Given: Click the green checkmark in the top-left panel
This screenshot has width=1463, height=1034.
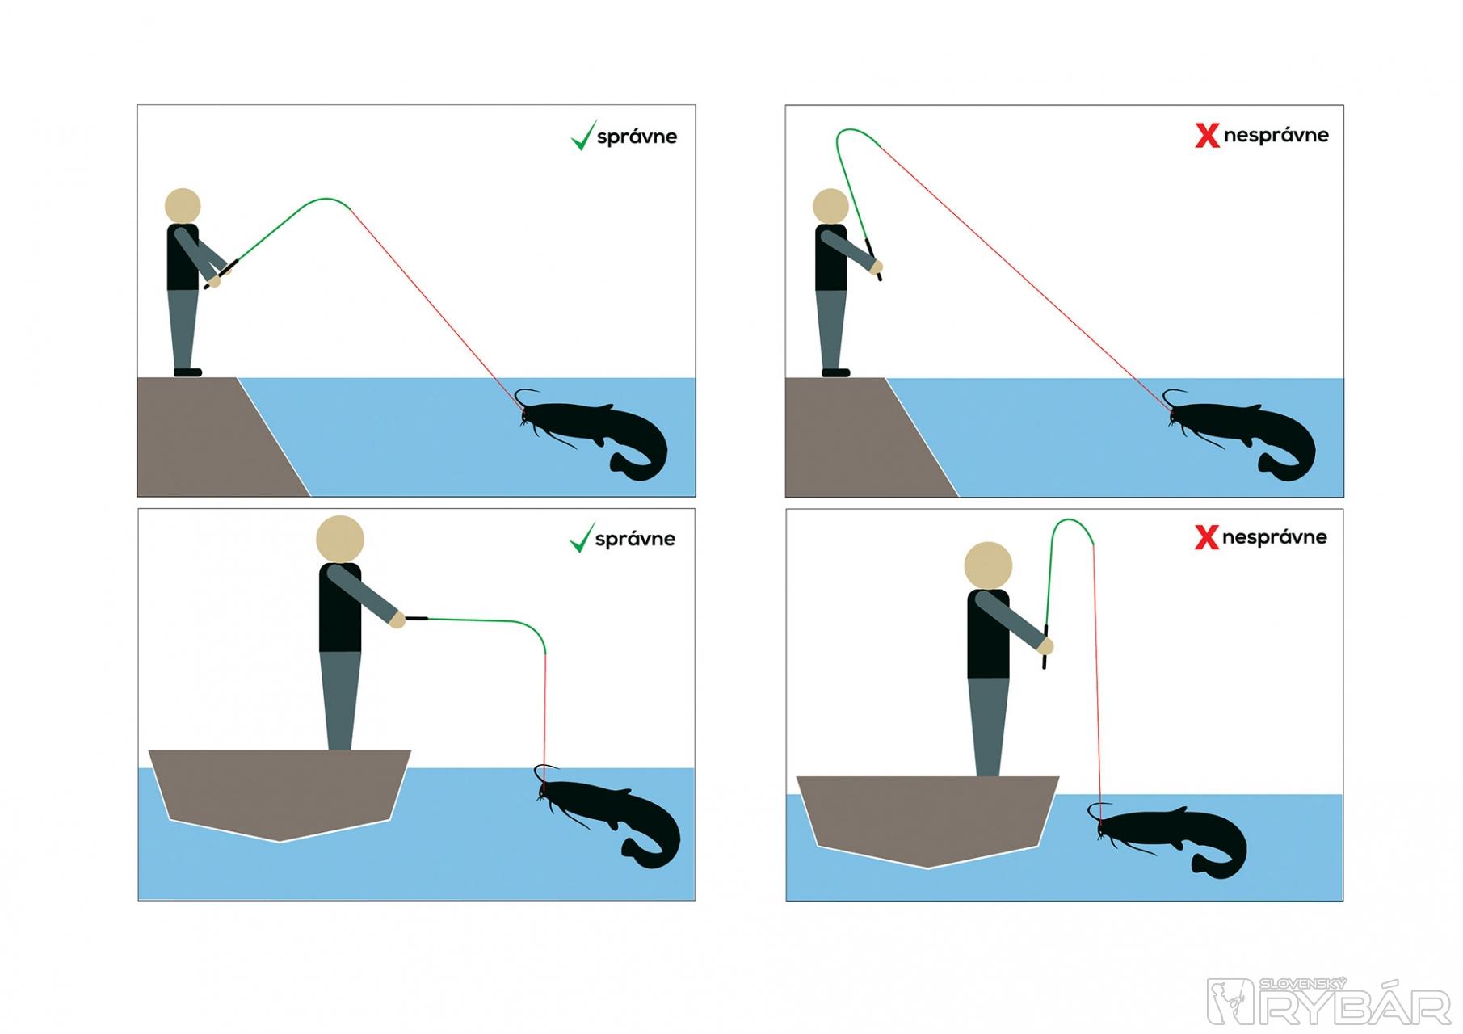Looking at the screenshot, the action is [x=583, y=137].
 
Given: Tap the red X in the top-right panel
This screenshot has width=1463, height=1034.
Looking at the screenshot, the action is [x=1207, y=136].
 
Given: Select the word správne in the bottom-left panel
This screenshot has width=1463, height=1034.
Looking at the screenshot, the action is [x=635, y=540].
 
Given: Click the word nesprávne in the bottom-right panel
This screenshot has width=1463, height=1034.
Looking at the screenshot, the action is [x=1274, y=538].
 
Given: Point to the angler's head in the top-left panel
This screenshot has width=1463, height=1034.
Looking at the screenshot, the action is [x=183, y=205].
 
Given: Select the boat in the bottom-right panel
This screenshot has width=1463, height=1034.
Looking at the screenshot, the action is [x=927, y=819].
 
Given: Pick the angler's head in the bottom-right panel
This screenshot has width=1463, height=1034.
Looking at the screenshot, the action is [x=988, y=565].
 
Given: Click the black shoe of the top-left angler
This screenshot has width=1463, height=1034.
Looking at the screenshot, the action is [x=187, y=372].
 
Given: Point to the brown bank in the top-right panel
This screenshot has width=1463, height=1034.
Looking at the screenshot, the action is [x=856, y=436].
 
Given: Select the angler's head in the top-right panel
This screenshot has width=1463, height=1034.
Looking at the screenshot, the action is [x=830, y=205].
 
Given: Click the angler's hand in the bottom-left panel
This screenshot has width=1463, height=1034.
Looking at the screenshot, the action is [x=397, y=620].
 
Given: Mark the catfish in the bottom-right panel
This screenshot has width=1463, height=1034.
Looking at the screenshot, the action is [x=1167, y=840].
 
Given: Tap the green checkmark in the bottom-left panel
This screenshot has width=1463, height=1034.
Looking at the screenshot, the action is [x=582, y=539].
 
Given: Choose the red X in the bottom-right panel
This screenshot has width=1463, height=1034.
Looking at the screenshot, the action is [x=1206, y=538].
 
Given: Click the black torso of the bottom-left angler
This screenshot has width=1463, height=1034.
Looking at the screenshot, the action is [x=340, y=607].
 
